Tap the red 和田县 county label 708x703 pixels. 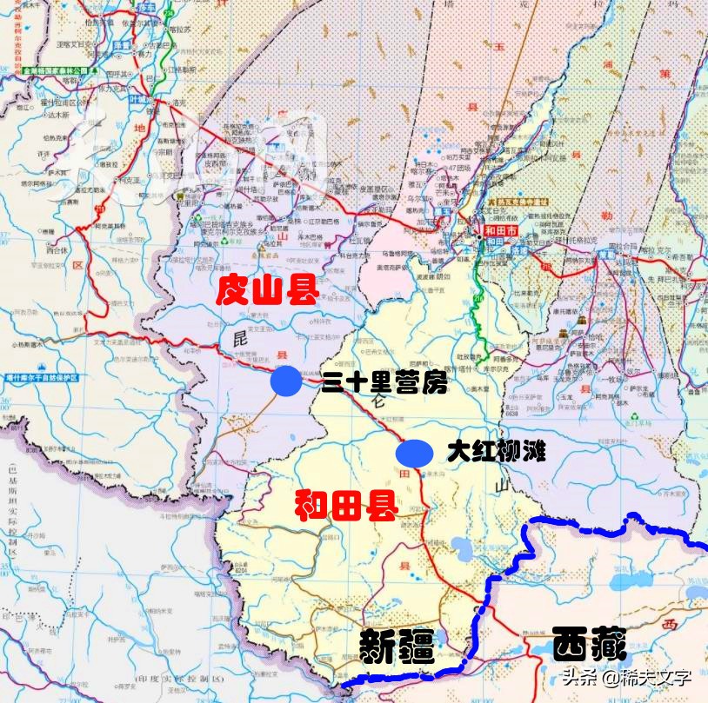(345, 504)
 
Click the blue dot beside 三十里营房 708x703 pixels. (286, 381)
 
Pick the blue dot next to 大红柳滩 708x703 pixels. (414, 453)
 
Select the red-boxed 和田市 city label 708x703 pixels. (501, 232)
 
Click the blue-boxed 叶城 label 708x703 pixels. (139, 101)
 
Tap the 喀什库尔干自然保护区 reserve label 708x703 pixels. (42, 378)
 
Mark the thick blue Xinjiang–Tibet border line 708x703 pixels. (487, 591)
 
